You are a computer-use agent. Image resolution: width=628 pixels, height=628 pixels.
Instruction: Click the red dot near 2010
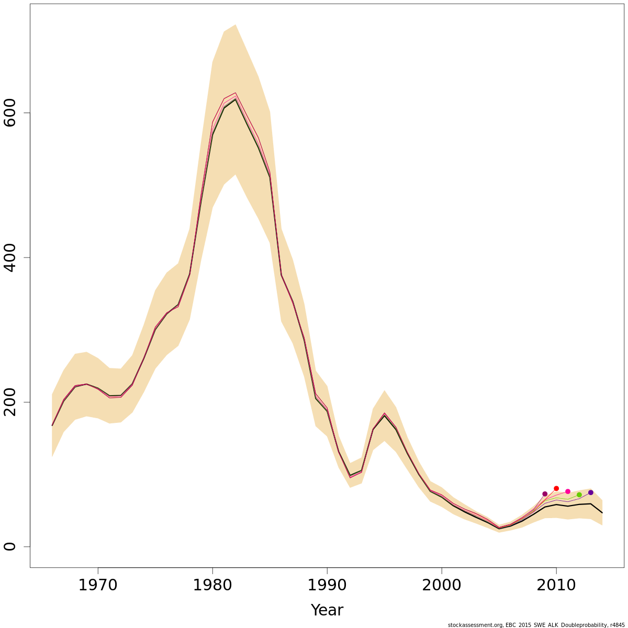tap(556, 488)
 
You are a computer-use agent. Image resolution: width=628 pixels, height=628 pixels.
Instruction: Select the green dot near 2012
tap(579, 495)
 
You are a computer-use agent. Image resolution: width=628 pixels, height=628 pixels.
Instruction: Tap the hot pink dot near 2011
tap(568, 491)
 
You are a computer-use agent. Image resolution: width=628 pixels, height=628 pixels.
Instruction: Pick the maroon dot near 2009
tap(545, 494)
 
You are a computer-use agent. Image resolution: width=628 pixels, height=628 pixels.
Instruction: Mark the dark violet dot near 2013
tap(591, 492)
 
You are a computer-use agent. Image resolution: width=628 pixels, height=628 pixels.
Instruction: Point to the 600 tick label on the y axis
tap(10, 113)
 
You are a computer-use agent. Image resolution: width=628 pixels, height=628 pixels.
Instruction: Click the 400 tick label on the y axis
tap(10, 257)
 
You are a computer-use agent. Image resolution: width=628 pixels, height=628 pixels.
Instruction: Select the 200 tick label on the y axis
tap(10, 402)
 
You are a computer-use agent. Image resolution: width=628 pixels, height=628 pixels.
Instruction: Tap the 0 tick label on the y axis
tap(10, 546)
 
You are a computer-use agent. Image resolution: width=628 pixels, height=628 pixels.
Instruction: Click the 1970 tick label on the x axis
tap(98, 585)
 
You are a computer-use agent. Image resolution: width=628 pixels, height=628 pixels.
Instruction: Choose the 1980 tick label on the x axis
tap(212, 585)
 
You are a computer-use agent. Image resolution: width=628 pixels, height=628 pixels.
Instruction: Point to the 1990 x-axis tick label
tap(327, 585)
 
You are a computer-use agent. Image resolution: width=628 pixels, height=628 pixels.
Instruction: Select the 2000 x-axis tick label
tap(442, 585)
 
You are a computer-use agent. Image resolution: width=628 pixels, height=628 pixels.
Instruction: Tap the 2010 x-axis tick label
tap(556, 585)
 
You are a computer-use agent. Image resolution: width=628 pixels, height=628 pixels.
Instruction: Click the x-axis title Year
tap(327, 610)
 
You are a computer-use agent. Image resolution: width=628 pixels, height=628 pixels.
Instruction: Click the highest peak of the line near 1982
tap(235, 93)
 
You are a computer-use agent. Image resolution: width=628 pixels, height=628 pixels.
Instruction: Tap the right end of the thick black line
tap(602, 512)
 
